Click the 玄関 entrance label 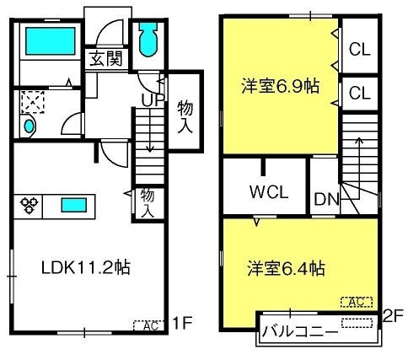click(106, 58)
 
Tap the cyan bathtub click(51, 41)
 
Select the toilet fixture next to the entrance click(148, 40)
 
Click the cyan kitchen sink click(74, 205)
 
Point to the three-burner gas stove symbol click(29, 205)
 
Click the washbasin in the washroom click(29, 126)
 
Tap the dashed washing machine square click(33, 102)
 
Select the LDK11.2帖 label click(86, 267)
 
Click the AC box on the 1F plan click(148, 325)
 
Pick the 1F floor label click(182, 323)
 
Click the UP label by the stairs click(153, 99)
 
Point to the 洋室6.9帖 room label click(281, 86)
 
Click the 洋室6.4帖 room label click(287, 268)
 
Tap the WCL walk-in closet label click(269, 192)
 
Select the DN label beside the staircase click(327, 199)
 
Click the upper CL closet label click(360, 50)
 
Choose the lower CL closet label click(360, 93)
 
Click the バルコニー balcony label click(300, 331)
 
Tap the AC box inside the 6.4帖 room click(357, 302)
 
